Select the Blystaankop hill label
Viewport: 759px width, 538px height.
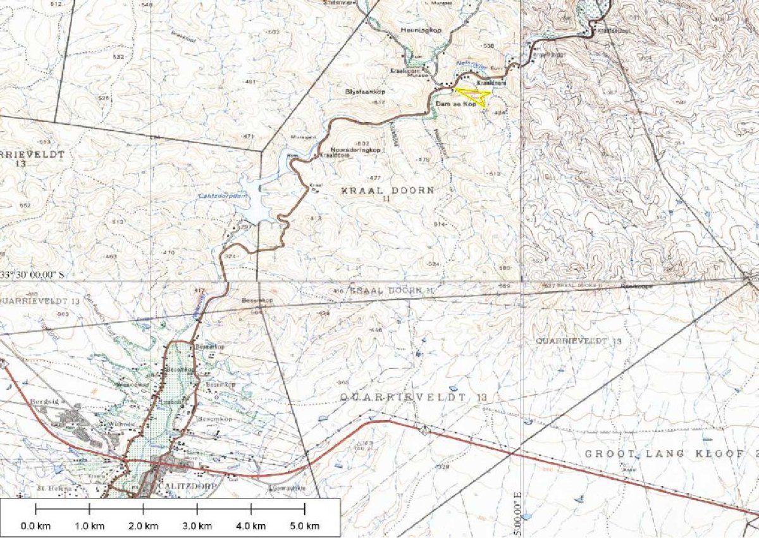[x=365, y=91]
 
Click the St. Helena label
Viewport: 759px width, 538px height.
[x=51, y=488]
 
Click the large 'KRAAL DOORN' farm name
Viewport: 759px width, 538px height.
[x=388, y=190]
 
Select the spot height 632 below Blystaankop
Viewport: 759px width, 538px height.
[x=379, y=102]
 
